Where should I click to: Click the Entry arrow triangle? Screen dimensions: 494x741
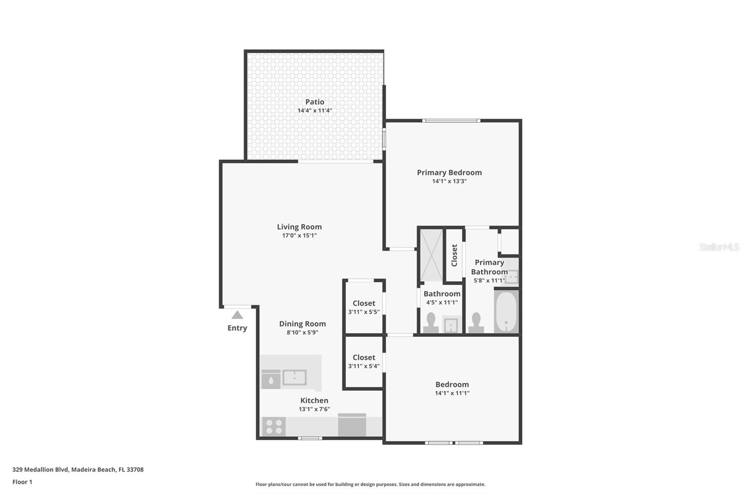pos(237,316)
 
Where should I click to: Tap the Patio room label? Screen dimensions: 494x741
pos(314,102)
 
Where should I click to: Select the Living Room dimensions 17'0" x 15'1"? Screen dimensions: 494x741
pos(299,235)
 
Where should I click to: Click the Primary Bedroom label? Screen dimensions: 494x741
pos(449,172)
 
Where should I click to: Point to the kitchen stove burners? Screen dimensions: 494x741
pos(274,427)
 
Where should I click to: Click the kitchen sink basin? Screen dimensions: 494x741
pos(295,377)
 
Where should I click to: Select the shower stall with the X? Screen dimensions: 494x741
pos(431,255)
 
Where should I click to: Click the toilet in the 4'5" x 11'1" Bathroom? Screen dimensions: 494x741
pos(431,323)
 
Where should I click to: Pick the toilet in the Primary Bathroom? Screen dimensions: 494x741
pos(476,323)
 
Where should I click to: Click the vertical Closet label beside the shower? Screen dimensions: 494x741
pos(454,255)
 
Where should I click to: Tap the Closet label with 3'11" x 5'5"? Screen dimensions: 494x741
pos(364,304)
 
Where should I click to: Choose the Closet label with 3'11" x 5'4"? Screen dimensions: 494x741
pos(364,358)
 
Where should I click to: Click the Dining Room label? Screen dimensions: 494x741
pos(302,324)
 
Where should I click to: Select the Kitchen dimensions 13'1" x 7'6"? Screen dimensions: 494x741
pos(314,409)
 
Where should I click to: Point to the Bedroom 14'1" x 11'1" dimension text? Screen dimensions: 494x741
pos(452,393)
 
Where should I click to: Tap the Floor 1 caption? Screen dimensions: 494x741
pos(22,482)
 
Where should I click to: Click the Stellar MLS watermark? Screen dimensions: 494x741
pos(719,247)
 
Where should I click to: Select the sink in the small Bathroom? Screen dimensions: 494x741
pos(451,325)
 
